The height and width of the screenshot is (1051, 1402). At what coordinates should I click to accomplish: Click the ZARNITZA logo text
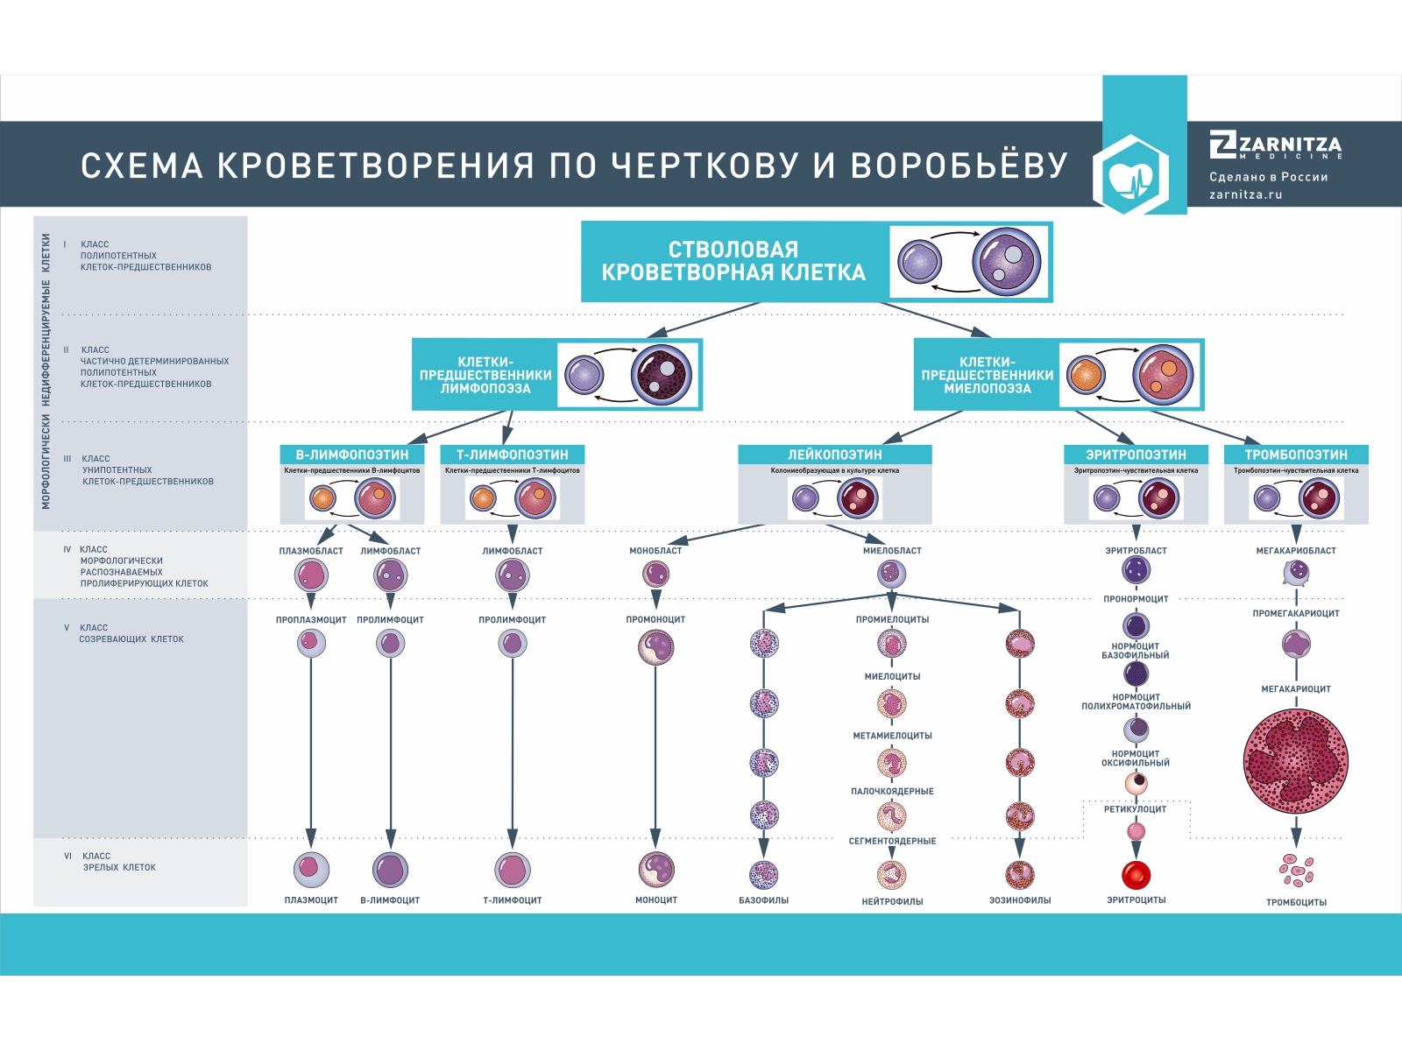[1288, 145]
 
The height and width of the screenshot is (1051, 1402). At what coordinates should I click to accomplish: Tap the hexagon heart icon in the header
[1130, 174]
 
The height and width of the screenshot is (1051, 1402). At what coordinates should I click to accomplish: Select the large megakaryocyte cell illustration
[1295, 760]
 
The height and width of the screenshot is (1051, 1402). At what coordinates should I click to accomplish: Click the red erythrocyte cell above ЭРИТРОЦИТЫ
[1136, 874]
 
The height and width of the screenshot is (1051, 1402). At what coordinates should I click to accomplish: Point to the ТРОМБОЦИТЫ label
[1296, 902]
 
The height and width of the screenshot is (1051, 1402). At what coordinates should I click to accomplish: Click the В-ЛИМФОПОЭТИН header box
[352, 455]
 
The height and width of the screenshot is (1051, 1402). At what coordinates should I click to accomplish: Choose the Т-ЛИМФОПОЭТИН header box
[512, 455]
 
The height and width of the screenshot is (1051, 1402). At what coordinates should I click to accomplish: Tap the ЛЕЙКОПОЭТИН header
[834, 455]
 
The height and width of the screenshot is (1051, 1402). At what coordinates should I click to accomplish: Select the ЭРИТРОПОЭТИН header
[1136, 455]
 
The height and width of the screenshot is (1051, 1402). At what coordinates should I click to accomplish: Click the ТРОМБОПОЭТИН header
[1296, 455]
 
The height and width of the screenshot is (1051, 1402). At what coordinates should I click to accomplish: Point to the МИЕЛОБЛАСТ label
[892, 551]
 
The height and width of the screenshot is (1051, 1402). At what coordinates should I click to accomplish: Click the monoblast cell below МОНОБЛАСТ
[655, 575]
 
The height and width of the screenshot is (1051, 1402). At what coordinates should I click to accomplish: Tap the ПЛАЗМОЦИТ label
[311, 900]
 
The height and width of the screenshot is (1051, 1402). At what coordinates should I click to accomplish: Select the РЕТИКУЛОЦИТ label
[1136, 809]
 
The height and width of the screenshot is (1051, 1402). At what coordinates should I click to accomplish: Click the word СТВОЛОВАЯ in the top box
[733, 250]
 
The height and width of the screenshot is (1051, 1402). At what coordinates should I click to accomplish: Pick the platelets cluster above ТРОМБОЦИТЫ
[1296, 870]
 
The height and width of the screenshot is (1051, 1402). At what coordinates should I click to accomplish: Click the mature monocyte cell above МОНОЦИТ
[655, 869]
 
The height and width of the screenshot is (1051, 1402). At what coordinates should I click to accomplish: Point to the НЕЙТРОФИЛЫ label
[892, 901]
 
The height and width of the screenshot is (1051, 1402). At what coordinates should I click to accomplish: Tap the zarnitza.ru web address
[1245, 194]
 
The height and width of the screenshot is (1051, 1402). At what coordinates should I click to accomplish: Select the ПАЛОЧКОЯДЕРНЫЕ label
[892, 792]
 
